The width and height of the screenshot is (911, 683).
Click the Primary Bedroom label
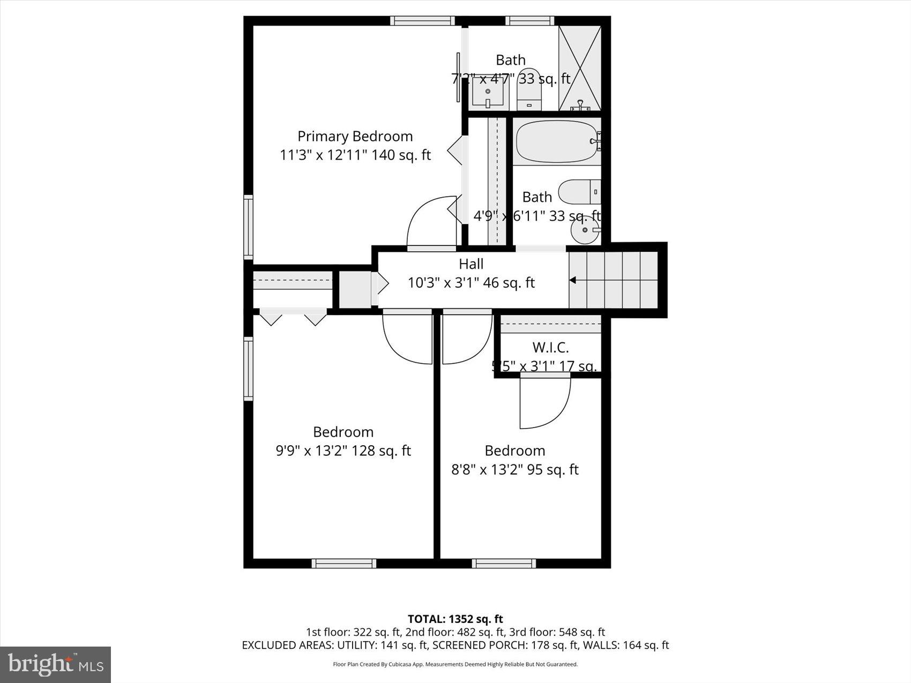(x=355, y=136)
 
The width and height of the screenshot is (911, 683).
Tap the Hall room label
(x=471, y=264)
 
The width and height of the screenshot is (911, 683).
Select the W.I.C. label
(x=550, y=347)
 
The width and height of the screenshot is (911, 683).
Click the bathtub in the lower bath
(x=556, y=141)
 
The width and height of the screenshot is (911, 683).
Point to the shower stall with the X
(x=580, y=67)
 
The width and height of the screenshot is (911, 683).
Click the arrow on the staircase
(x=573, y=280)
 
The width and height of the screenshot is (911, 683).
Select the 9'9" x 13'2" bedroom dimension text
(x=343, y=451)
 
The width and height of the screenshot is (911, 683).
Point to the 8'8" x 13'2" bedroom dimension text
(x=514, y=469)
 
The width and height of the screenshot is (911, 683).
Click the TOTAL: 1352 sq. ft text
(x=455, y=619)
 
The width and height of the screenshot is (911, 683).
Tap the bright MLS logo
(x=56, y=664)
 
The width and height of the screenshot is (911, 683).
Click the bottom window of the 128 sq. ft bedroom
(x=344, y=563)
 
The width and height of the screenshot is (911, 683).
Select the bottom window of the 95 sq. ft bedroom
(x=504, y=563)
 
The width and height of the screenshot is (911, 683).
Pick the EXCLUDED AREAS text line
(x=455, y=645)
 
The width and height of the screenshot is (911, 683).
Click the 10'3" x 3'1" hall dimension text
(x=471, y=282)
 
